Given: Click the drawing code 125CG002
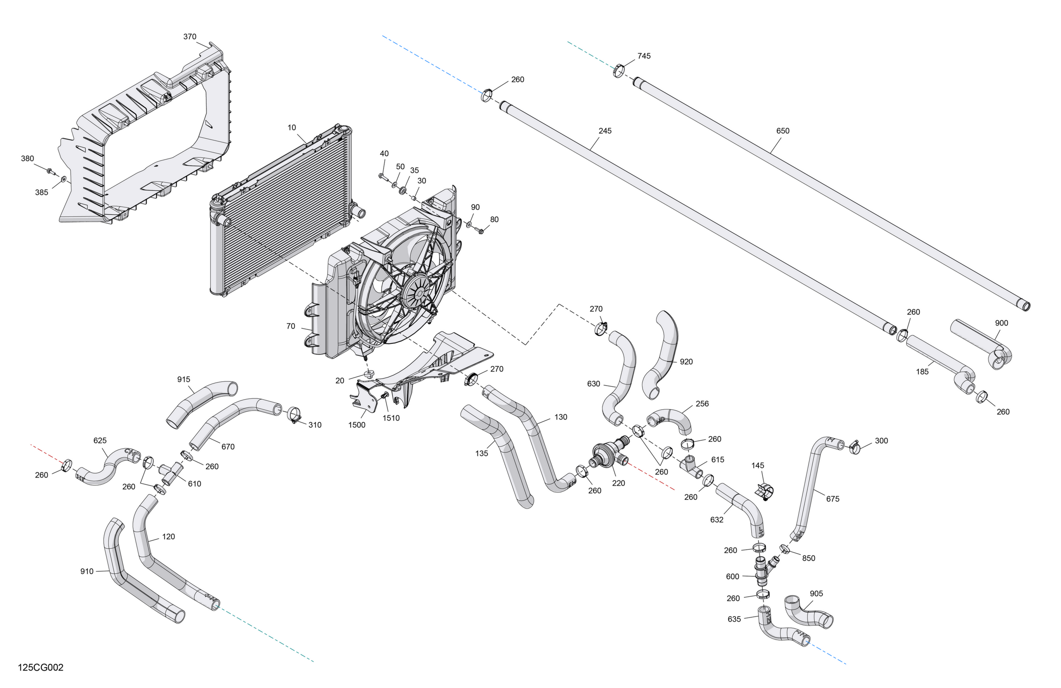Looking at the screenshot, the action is (41, 667).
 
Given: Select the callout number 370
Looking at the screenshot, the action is (190, 36).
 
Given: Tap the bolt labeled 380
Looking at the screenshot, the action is (50, 171).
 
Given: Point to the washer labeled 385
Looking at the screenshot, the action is (64, 179).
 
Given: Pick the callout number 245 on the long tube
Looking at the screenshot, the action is (605, 131).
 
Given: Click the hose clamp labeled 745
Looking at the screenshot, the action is (618, 70).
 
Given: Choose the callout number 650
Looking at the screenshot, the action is (783, 131).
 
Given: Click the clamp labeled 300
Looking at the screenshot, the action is (854, 447).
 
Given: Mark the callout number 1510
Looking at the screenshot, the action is (391, 418).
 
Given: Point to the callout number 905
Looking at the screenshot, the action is (816, 594).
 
